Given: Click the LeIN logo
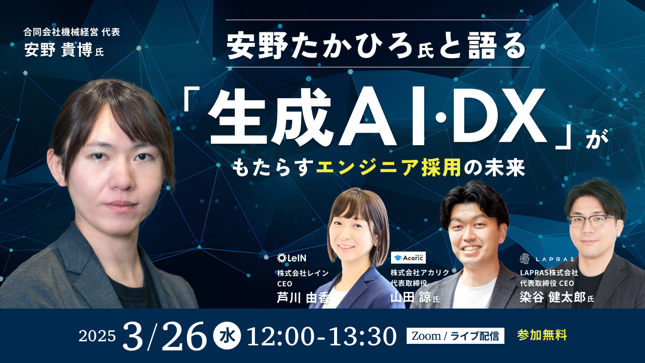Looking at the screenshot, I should coord(292,258).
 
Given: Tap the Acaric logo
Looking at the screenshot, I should coord(408,258).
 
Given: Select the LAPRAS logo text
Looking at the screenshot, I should coord(547,259).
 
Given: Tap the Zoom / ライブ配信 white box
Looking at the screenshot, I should coord(455,336).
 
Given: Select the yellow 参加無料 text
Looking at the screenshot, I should coord(542,335).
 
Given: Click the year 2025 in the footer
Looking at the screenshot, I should coord(97,336).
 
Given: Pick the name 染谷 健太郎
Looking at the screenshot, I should coord(552,297).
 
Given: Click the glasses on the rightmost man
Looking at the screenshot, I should coord(592,221).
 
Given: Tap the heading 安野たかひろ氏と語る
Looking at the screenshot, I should coord(376,44).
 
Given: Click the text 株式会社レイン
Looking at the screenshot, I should coord(302,273).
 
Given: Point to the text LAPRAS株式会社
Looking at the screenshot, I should coord(549,273).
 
